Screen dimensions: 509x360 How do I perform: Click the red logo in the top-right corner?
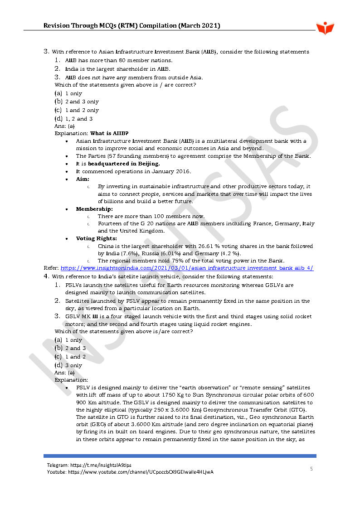coord(325,28)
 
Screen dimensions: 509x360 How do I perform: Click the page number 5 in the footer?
coord(311,469)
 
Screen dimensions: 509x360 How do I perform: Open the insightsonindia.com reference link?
coord(187,268)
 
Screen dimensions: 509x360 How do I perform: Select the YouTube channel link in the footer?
coord(141,472)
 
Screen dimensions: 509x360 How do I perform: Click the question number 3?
coord(46,52)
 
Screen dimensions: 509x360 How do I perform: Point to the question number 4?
coord(46,276)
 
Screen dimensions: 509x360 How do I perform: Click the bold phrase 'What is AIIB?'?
coord(109,133)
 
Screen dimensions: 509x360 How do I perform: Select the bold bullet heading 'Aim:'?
coord(83,179)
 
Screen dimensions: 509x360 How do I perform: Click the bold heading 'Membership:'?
coord(94,209)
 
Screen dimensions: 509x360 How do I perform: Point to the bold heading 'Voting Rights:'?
coord(96,238)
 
